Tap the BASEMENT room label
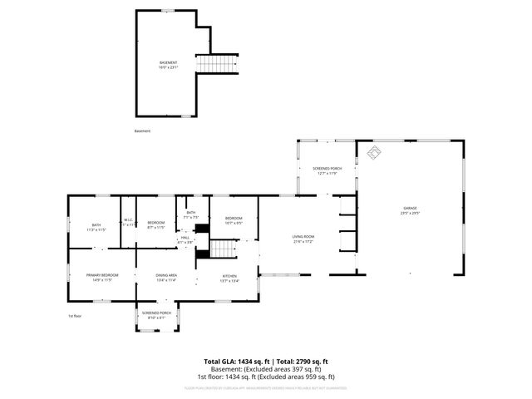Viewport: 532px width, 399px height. click(169, 62)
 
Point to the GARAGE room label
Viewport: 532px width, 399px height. click(410, 208)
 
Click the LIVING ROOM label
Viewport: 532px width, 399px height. click(303, 237)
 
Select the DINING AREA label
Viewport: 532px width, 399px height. click(166, 275)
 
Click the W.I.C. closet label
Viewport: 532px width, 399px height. click(129, 220)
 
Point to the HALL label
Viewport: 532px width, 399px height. click(185, 237)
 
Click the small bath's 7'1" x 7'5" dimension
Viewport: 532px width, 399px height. click(191, 218)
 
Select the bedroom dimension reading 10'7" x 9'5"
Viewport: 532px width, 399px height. click(234, 223)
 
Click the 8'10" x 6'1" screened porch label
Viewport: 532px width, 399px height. click(157, 318)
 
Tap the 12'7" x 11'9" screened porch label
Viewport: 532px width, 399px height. click(327, 173)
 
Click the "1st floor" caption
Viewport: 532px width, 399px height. click(76, 316)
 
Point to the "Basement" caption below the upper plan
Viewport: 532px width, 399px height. click(143, 131)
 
